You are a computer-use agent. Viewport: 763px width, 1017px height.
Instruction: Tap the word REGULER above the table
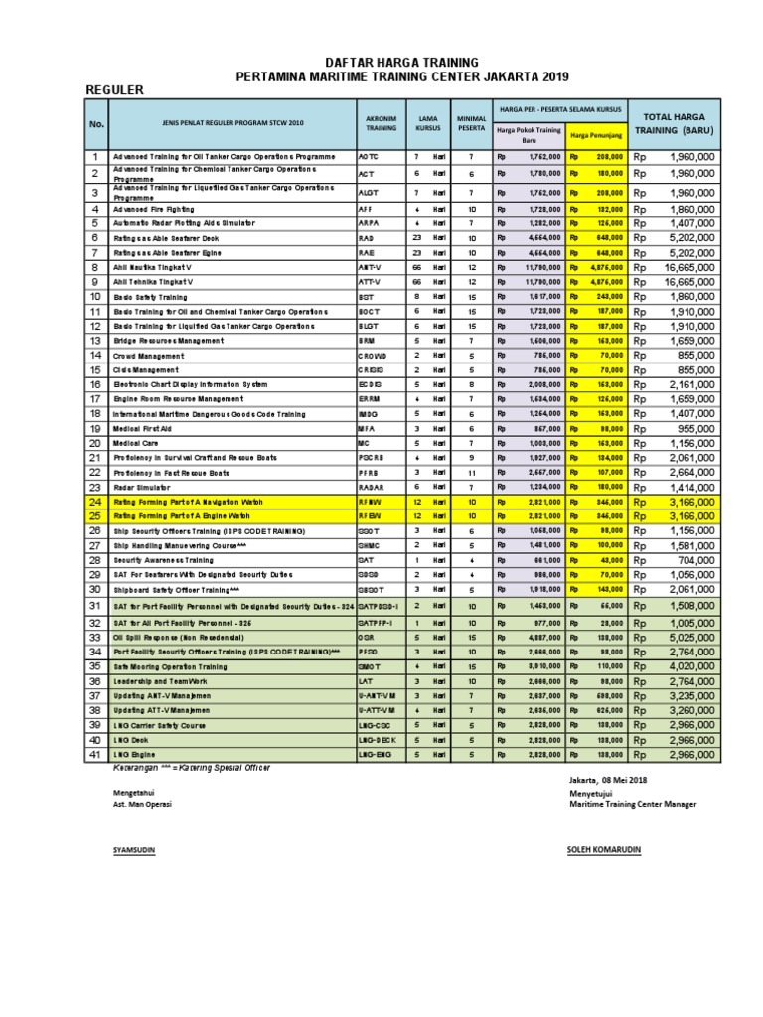117,90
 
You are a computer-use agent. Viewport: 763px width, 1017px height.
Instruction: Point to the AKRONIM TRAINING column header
381,123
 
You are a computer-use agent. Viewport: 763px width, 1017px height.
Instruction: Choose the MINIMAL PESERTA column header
472,123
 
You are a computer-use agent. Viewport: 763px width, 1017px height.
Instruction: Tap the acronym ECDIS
371,384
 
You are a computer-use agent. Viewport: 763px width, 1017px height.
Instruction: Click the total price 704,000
692,559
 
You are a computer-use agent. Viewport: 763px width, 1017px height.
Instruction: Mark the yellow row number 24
96,503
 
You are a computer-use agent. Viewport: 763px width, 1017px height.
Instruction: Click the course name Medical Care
138,443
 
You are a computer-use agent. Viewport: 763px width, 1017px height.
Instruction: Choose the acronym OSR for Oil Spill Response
367,637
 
